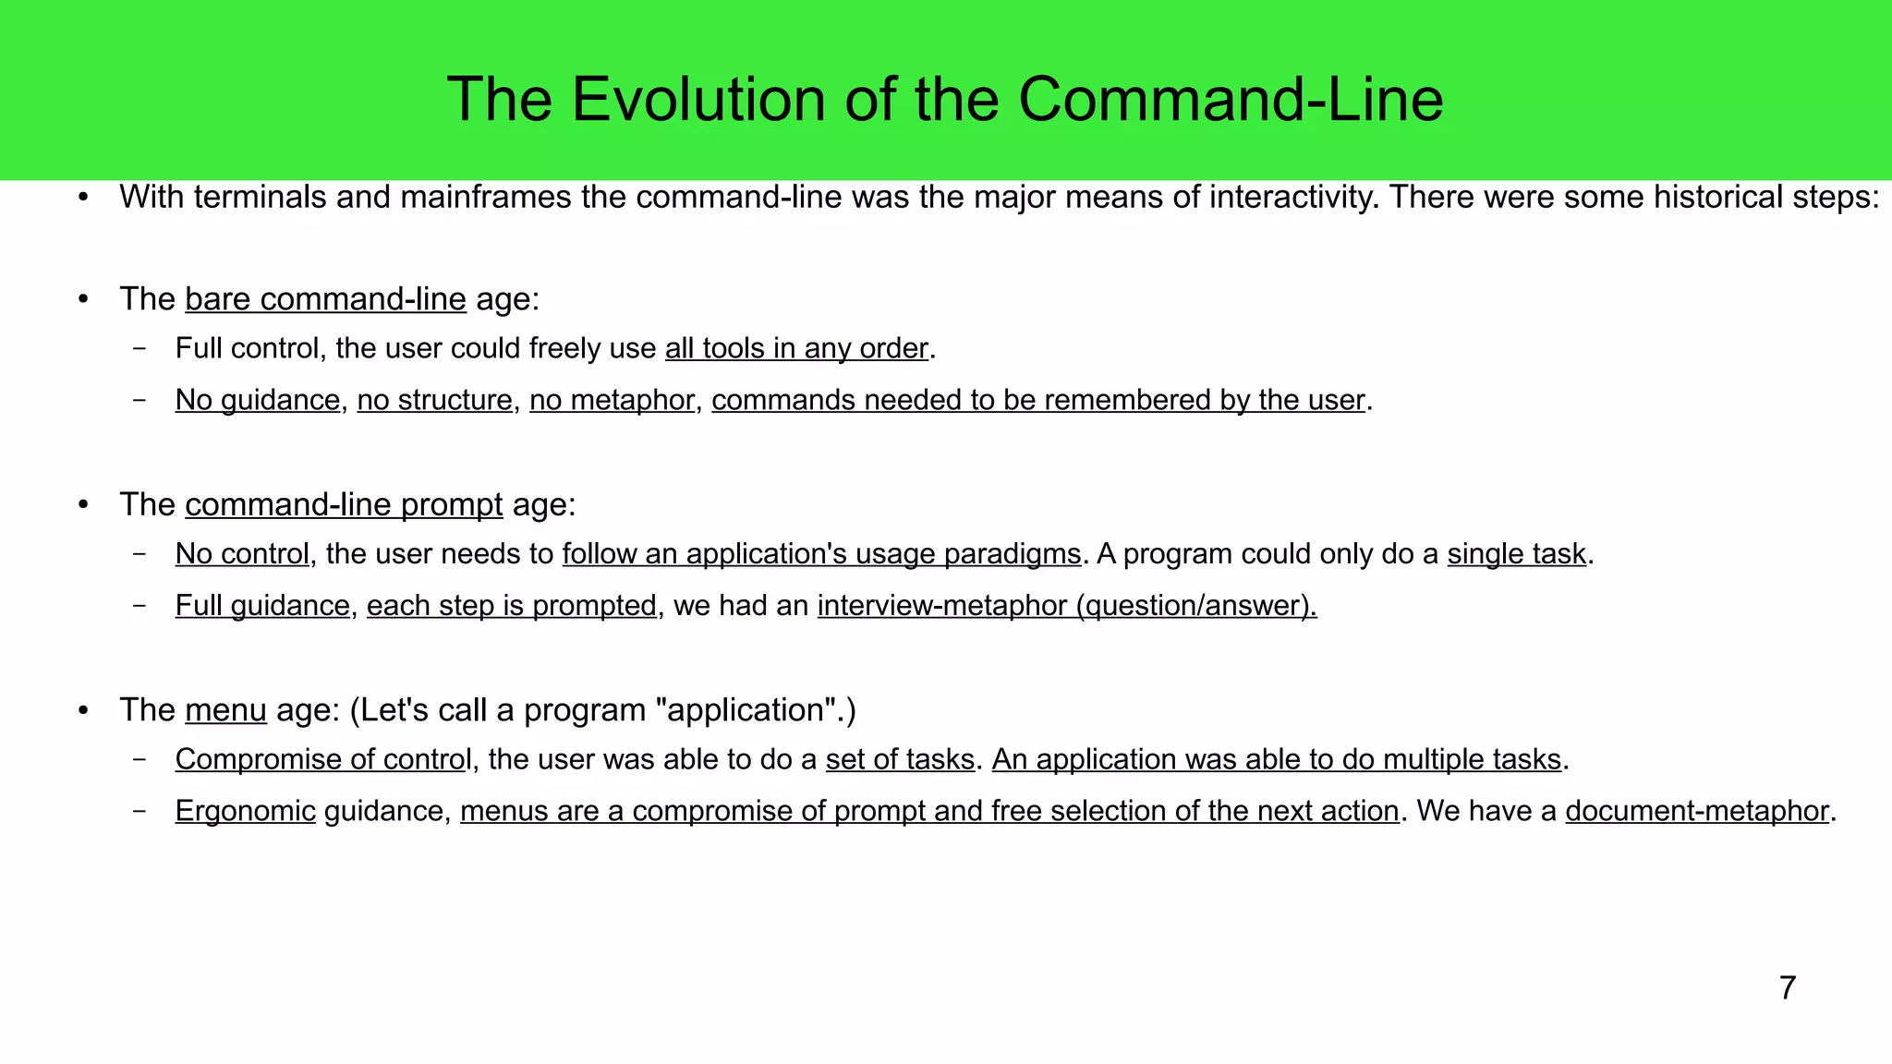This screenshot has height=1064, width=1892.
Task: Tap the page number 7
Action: (x=1787, y=987)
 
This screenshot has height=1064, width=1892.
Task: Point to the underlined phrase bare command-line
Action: (x=325, y=299)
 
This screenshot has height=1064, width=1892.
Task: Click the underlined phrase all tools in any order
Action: (x=795, y=348)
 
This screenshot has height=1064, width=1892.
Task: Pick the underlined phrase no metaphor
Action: (x=612, y=400)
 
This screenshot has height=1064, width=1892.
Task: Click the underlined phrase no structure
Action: (x=434, y=400)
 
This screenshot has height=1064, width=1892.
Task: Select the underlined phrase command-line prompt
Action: (x=344, y=504)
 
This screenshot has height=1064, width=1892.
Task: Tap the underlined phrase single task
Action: (x=1516, y=553)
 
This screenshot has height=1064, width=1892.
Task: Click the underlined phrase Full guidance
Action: (x=262, y=605)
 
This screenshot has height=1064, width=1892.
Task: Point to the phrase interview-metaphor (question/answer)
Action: (x=1067, y=605)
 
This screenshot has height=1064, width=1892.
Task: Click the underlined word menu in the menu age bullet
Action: (x=225, y=710)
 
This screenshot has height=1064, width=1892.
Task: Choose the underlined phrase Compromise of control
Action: (x=323, y=759)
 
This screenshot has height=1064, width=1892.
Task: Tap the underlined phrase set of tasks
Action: (x=900, y=759)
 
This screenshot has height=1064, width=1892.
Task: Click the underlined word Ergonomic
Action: (x=246, y=811)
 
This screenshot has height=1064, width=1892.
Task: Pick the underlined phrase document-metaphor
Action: (x=1697, y=811)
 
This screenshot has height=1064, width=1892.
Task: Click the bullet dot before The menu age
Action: (x=83, y=710)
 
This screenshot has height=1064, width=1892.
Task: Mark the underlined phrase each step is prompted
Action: (x=511, y=605)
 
